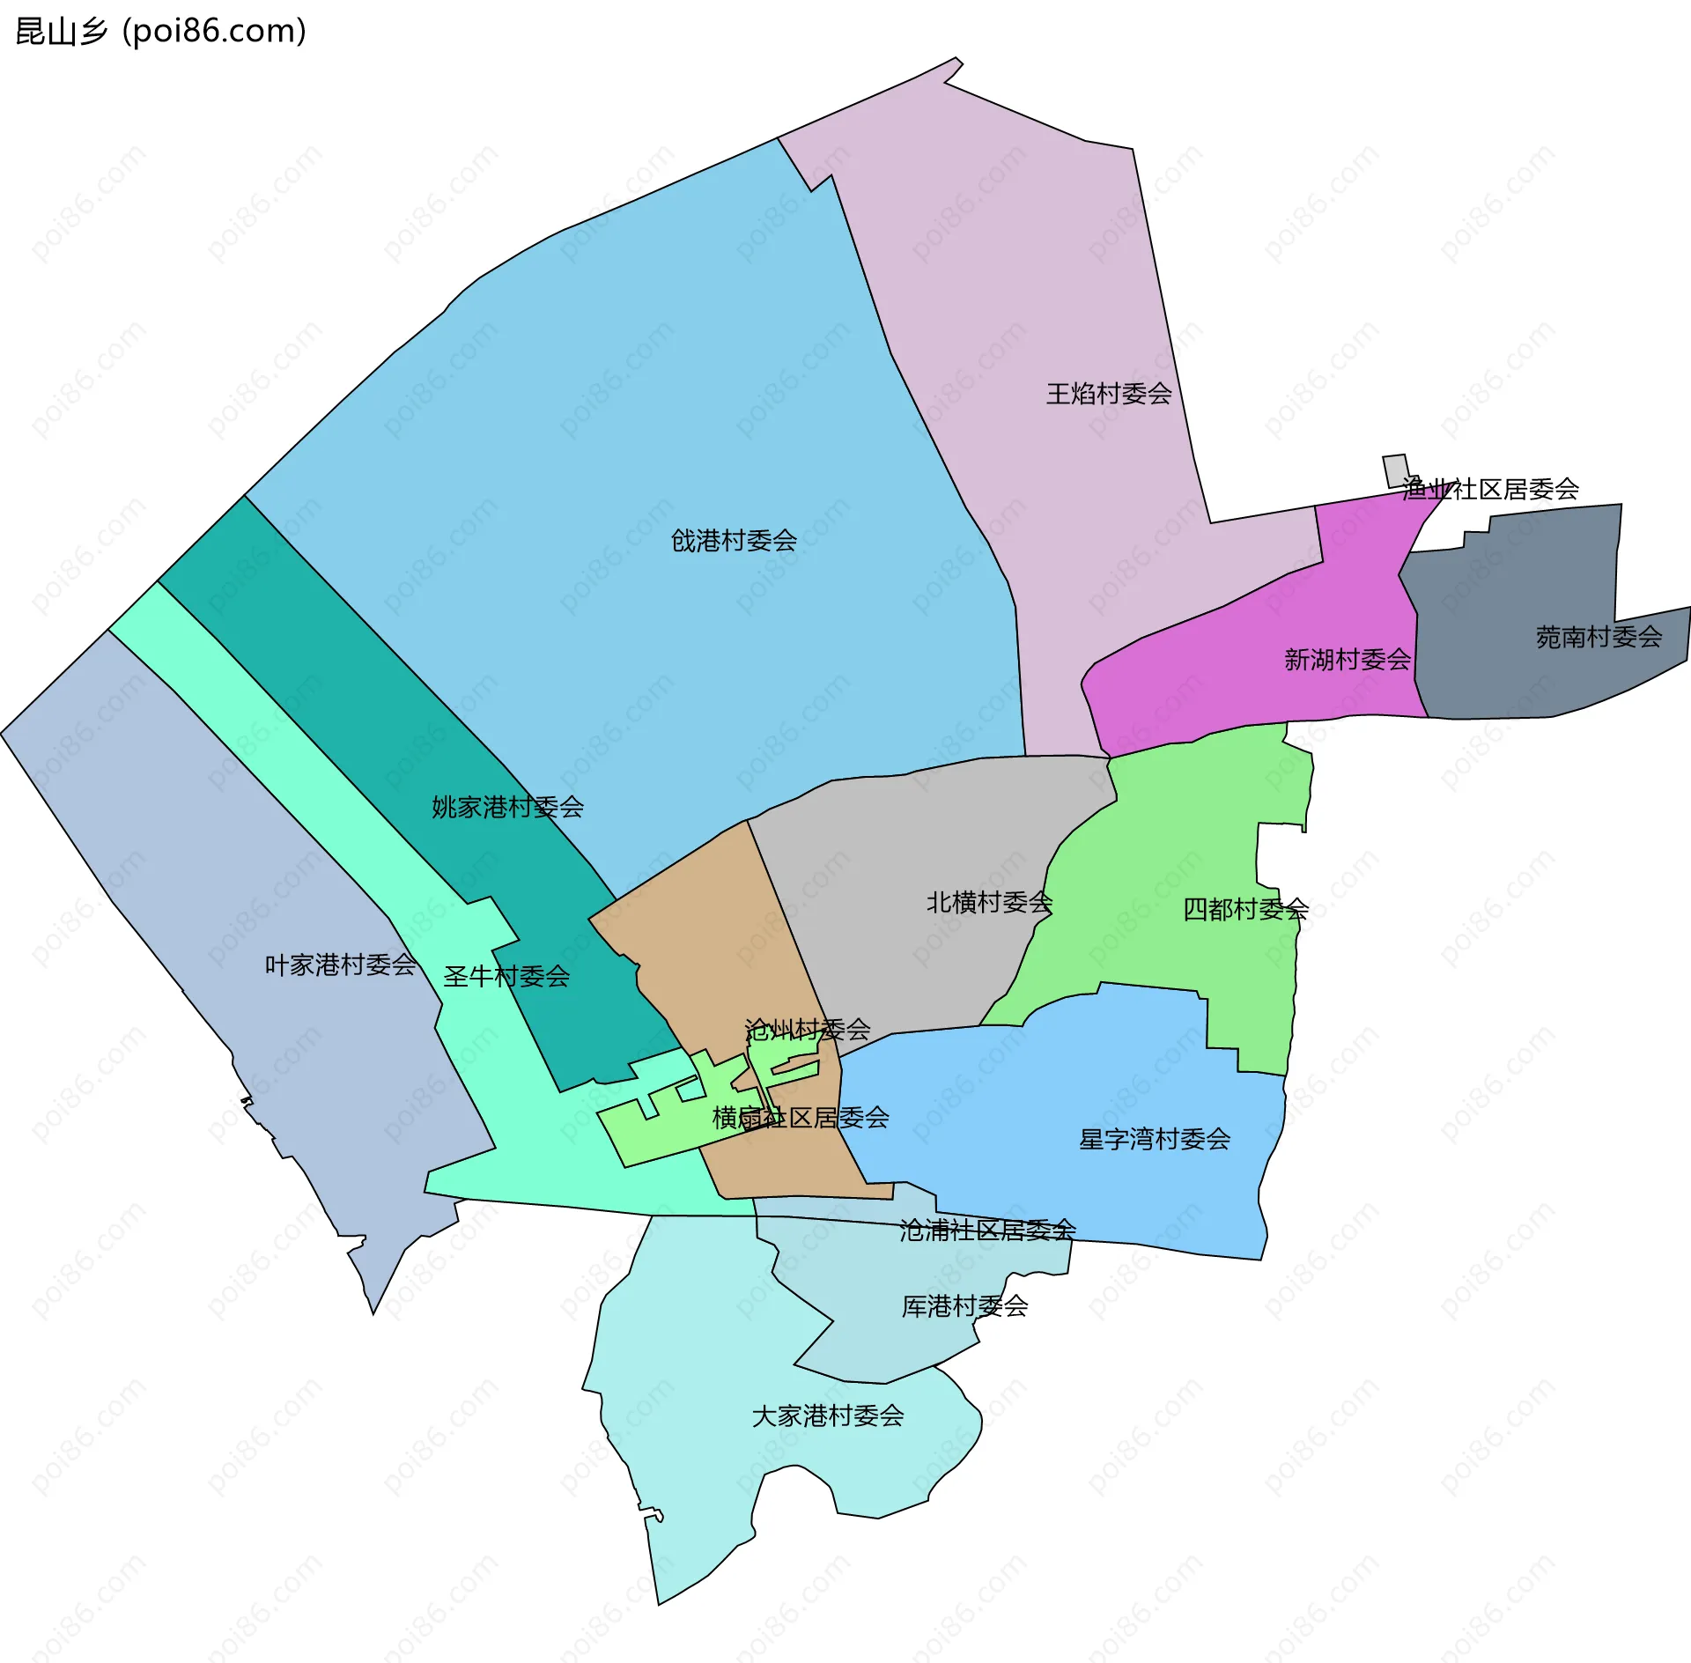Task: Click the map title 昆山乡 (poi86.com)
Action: pyautogui.click(x=161, y=32)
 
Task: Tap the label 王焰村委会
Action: pyautogui.click(x=1109, y=394)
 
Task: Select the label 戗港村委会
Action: pyautogui.click(x=734, y=541)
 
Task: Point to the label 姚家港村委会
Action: pyautogui.click(x=507, y=807)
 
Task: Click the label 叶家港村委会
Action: pyautogui.click(x=340, y=965)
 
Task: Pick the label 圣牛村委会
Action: pyautogui.click(x=506, y=977)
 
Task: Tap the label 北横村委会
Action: pyautogui.click(x=989, y=902)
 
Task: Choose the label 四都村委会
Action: pyautogui.click(x=1245, y=909)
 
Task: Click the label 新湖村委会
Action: pyautogui.click(x=1348, y=659)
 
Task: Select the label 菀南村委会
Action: pyautogui.click(x=1599, y=637)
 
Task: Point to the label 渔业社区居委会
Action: pyautogui.click(x=1490, y=489)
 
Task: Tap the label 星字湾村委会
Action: pyautogui.click(x=1155, y=1140)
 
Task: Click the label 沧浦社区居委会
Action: pyautogui.click(x=987, y=1230)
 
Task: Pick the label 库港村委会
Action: pyautogui.click(x=964, y=1305)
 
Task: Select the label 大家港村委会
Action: pyautogui.click(x=828, y=1415)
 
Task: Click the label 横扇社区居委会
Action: pyautogui.click(x=801, y=1118)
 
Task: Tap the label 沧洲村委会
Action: pyautogui.click(x=808, y=1029)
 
